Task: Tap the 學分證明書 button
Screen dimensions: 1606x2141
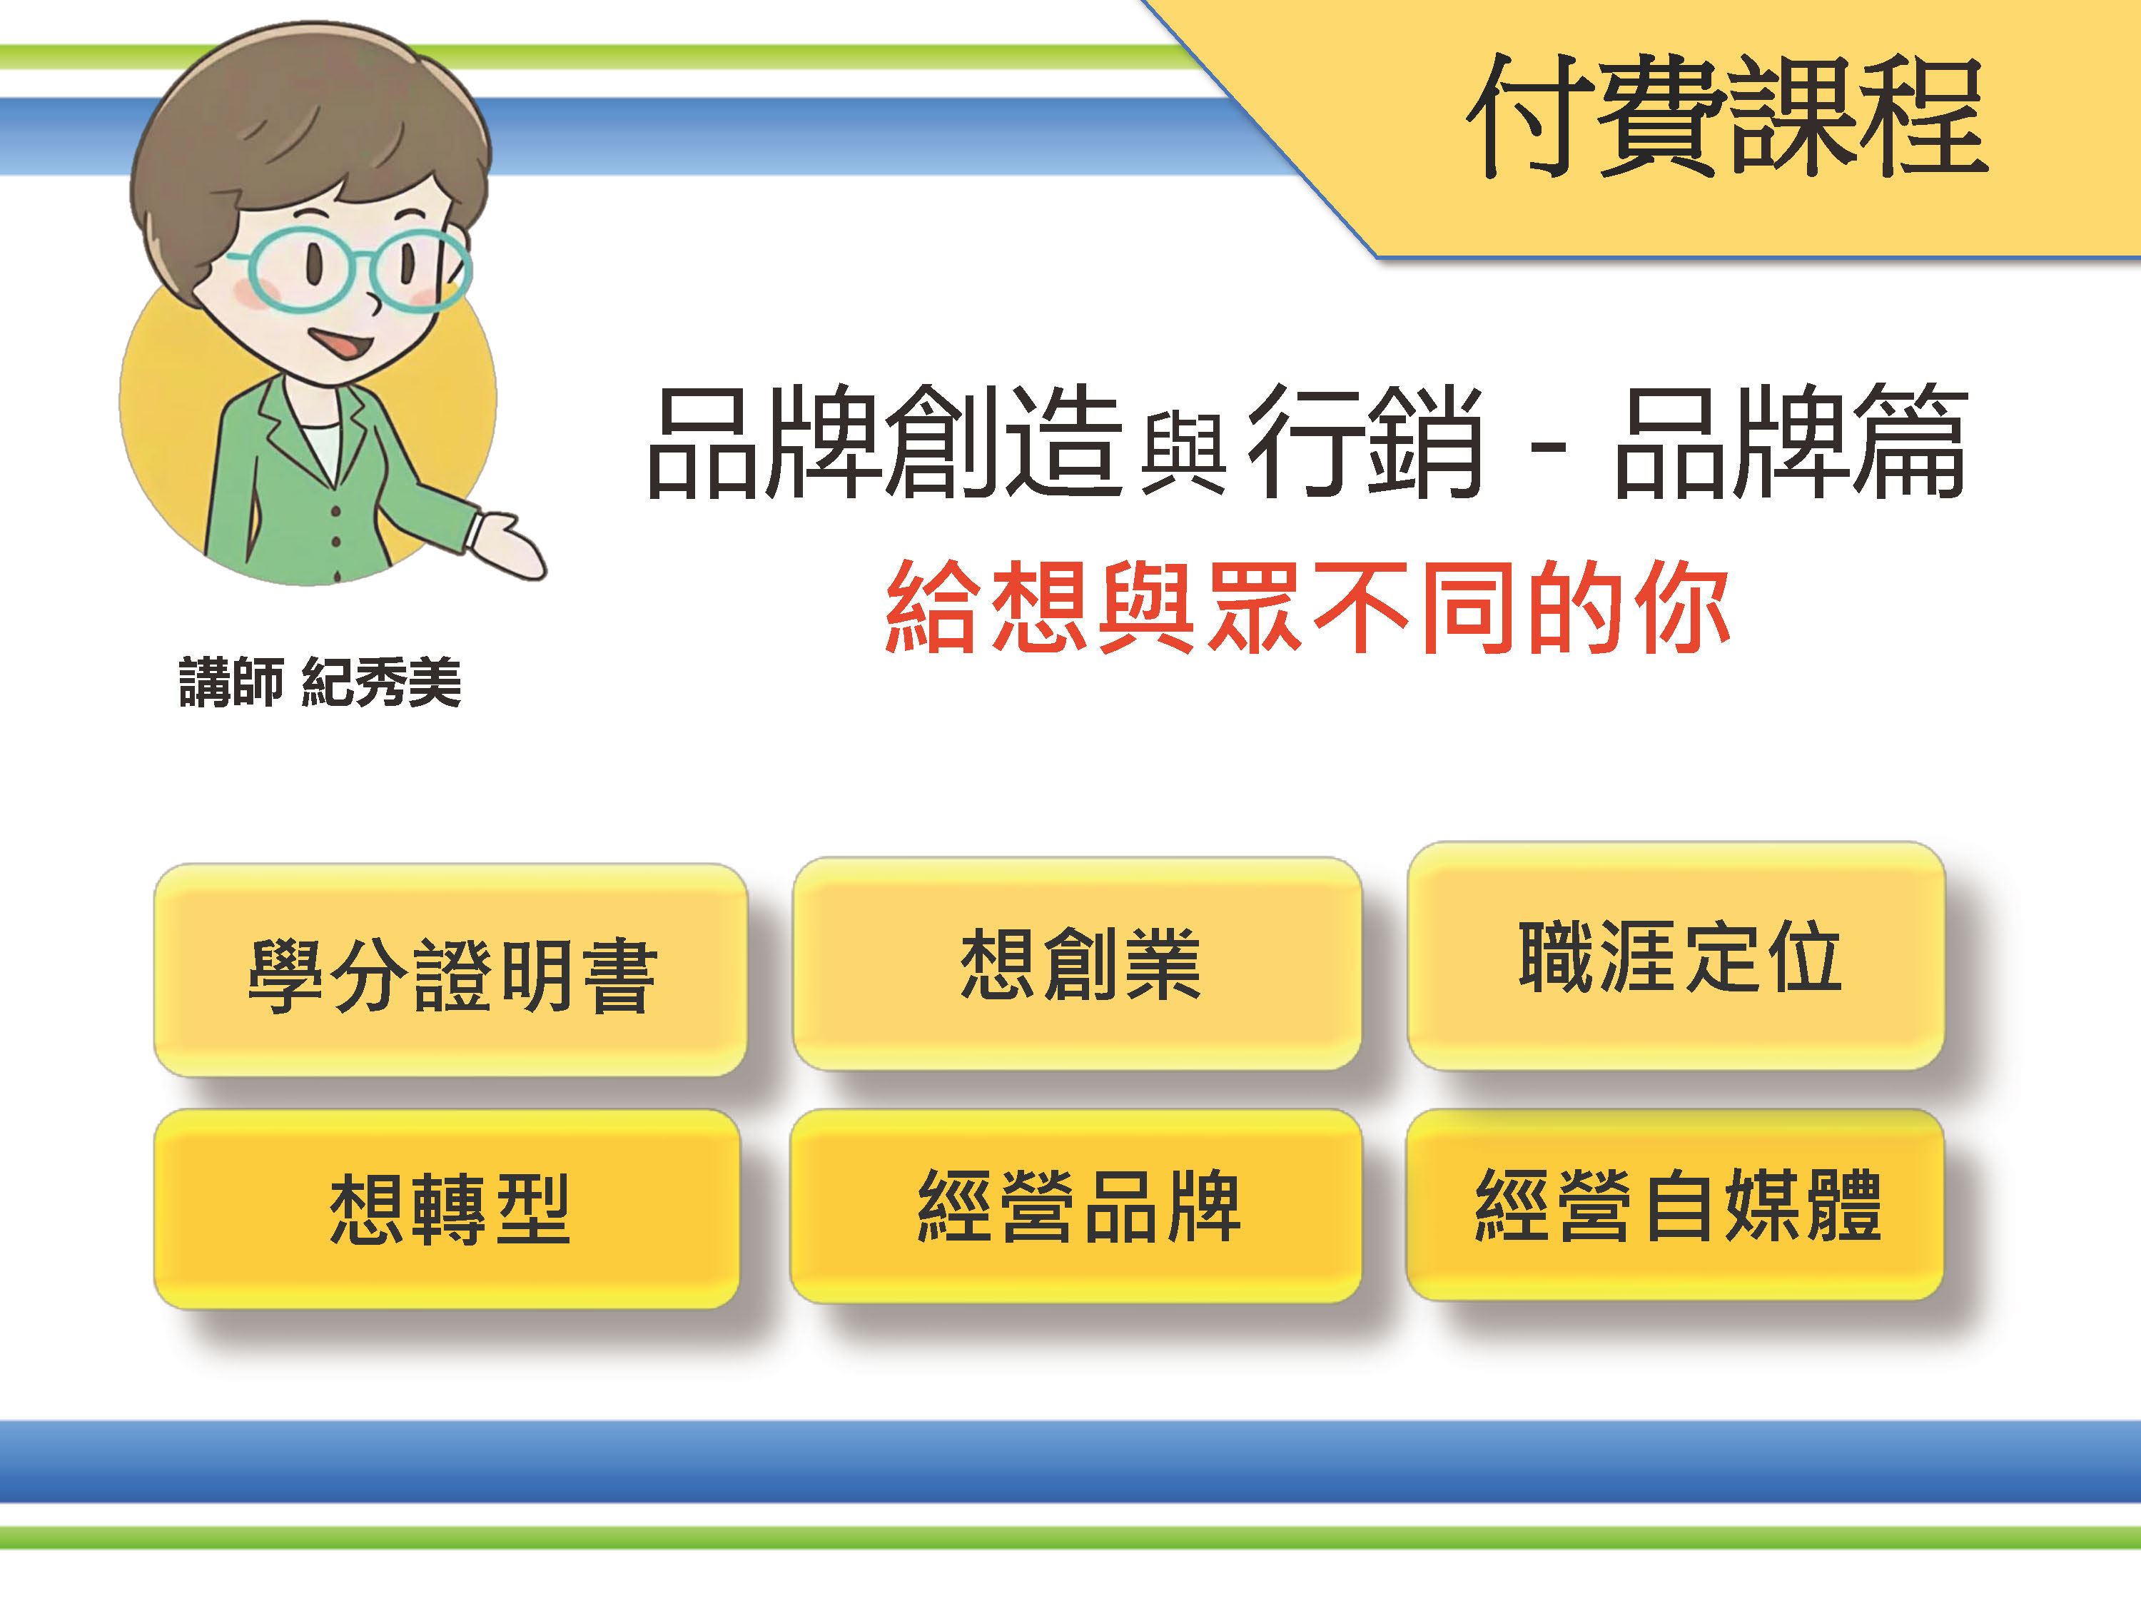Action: pyautogui.click(x=451, y=973)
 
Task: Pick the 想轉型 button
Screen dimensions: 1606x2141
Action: pyautogui.click(x=448, y=1210)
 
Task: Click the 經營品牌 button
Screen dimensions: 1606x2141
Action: pyautogui.click(x=1077, y=1206)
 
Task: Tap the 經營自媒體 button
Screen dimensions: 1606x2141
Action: pyautogui.click(x=1676, y=1206)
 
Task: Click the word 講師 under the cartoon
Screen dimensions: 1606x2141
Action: pyautogui.click(x=231, y=682)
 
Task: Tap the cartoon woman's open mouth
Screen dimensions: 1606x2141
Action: pyautogui.click(x=339, y=343)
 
